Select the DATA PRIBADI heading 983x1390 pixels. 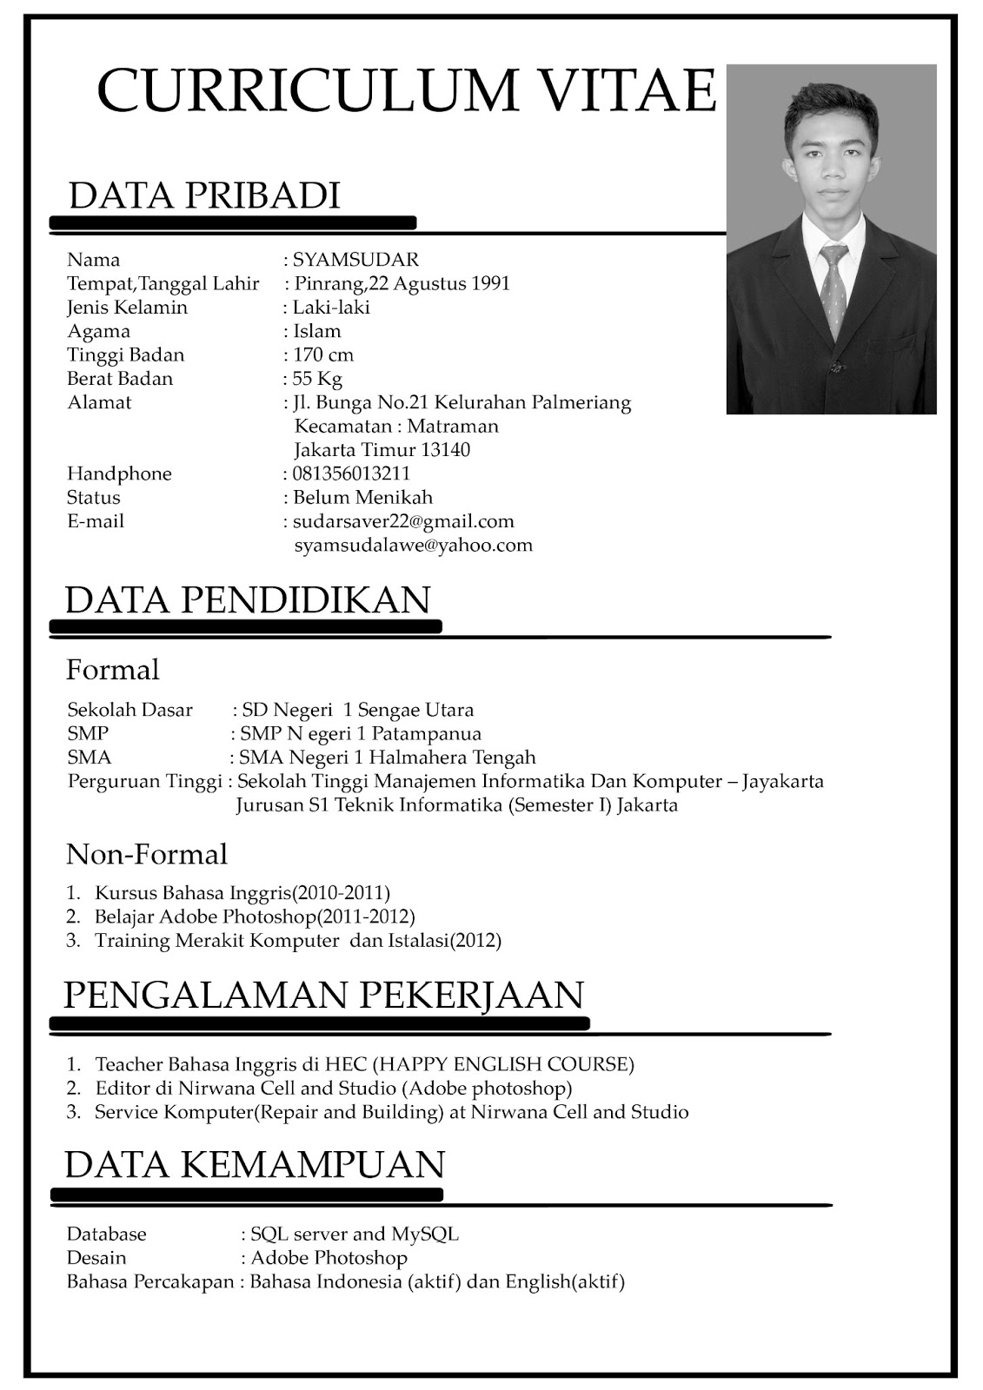click(x=203, y=195)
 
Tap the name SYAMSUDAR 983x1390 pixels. click(x=355, y=259)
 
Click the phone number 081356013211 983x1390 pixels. click(x=351, y=473)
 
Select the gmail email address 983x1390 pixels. click(x=403, y=521)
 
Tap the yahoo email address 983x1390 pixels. click(x=413, y=546)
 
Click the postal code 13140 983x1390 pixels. click(x=445, y=450)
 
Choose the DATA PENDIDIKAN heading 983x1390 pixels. click(x=248, y=599)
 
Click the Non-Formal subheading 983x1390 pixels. click(x=147, y=854)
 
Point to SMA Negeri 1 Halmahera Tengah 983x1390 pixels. click(x=388, y=758)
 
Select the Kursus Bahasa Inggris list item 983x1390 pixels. click(x=242, y=892)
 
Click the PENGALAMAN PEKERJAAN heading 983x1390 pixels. click(x=323, y=994)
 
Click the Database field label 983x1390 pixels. click(x=107, y=1234)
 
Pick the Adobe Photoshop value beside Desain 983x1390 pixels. click(x=329, y=1257)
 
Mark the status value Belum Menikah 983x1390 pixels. click(x=362, y=497)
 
